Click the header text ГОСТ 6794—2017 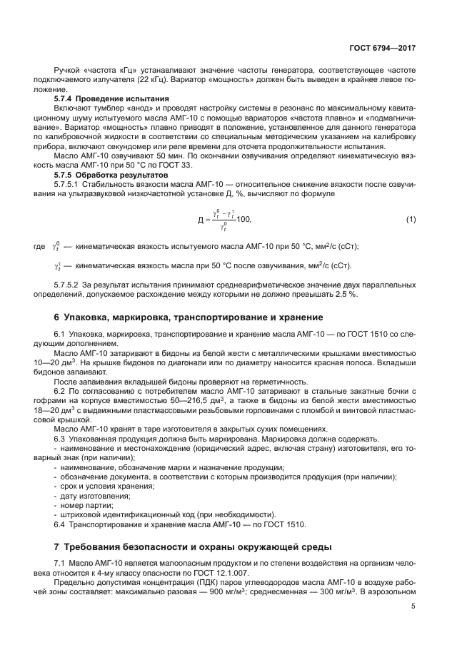click(383, 49)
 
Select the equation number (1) click(411, 220)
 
